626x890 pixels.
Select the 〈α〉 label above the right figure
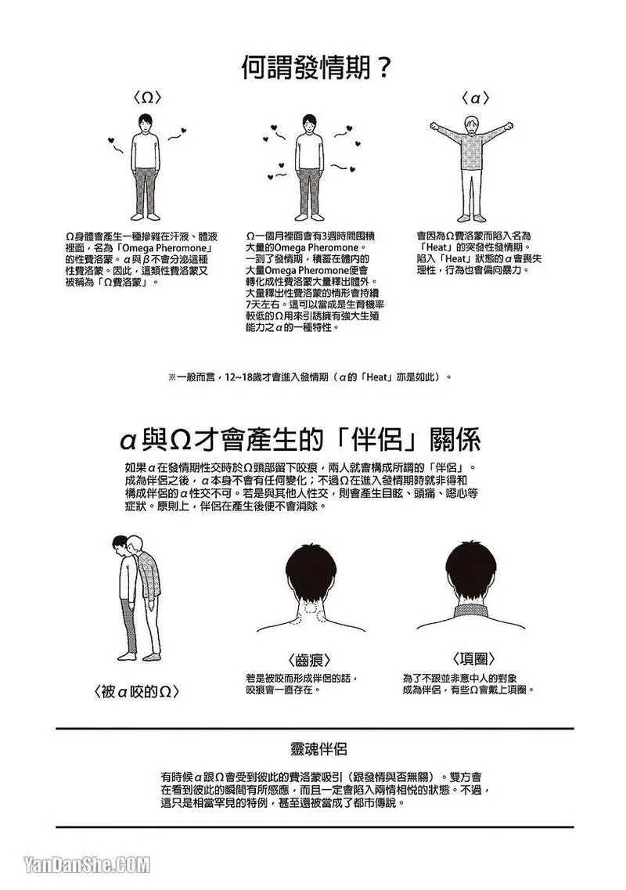pyautogui.click(x=475, y=98)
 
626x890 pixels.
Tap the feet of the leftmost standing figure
pyautogui.click(x=146, y=216)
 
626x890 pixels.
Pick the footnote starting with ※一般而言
pyautogui.click(x=311, y=377)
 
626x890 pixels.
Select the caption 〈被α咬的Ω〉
pyautogui.click(x=136, y=691)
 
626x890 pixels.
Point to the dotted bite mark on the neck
pyautogui.click(x=311, y=606)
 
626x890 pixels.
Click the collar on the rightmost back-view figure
pyautogui.click(x=467, y=611)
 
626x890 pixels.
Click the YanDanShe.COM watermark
pyautogui.click(x=87, y=864)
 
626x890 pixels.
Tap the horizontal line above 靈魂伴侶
pyautogui.click(x=315, y=728)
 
